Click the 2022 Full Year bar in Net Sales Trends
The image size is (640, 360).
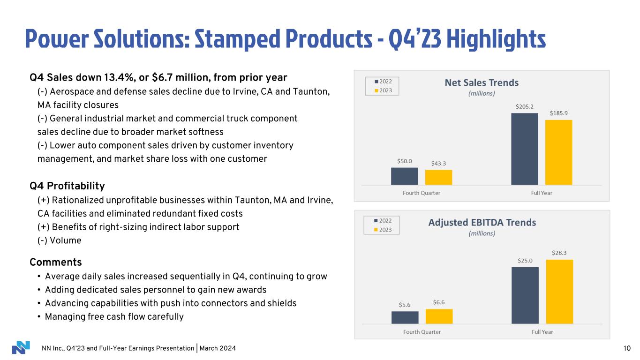tap(525, 149)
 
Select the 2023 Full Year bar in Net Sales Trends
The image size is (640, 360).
tap(559, 152)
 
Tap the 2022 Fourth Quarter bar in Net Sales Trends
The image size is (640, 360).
tap(405, 176)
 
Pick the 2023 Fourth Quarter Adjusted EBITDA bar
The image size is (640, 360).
tap(439, 316)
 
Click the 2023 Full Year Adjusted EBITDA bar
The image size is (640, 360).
tap(559, 292)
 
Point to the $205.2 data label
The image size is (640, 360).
tap(525, 107)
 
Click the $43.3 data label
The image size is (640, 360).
tap(439, 163)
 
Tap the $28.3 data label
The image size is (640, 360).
tap(559, 253)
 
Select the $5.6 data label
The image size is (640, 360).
tap(405, 304)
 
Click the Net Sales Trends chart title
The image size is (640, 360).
tap(482, 82)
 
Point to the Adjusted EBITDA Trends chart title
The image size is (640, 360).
tap(482, 222)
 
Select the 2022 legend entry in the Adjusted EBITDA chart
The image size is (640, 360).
tap(382, 220)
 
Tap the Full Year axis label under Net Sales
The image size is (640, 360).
tap(542, 193)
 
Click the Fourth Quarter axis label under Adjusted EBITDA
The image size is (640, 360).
tap(422, 332)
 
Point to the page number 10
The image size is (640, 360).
tap(627, 348)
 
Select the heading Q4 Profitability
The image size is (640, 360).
tap(67, 186)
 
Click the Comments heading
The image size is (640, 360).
tap(55, 262)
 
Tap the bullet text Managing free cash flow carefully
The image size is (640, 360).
tap(114, 317)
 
